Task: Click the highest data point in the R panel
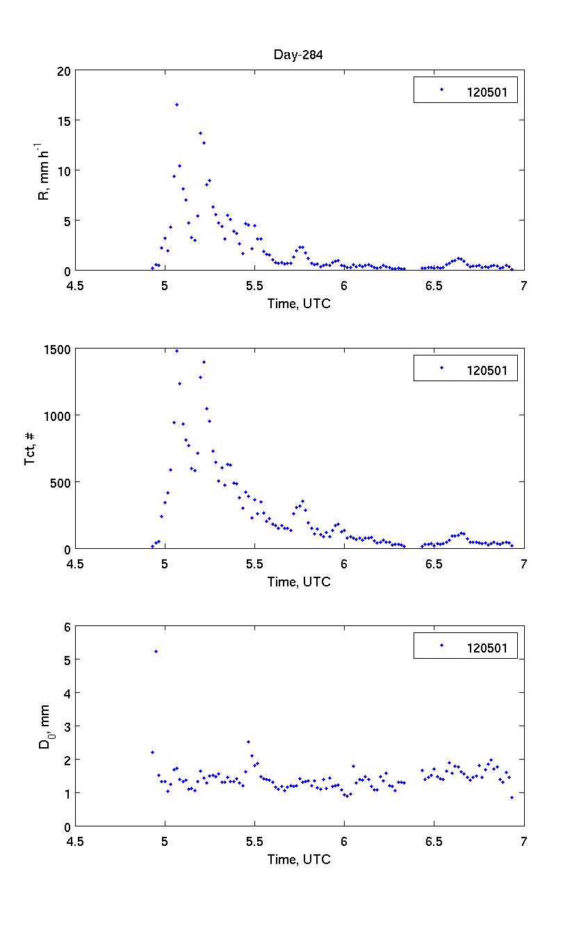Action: pyautogui.click(x=177, y=104)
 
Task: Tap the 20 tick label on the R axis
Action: pyautogui.click(x=64, y=71)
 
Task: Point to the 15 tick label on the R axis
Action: pyautogui.click(x=64, y=121)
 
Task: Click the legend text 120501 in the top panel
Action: pyautogui.click(x=491, y=90)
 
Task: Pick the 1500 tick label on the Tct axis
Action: pyautogui.click(x=58, y=349)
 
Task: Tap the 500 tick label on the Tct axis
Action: pyautogui.click(x=61, y=482)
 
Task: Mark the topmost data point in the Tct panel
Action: pyautogui.click(x=177, y=351)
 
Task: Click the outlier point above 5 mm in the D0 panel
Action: pyautogui.click(x=156, y=651)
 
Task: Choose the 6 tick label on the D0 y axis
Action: pyautogui.click(x=67, y=627)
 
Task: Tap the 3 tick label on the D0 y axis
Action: pyautogui.click(x=67, y=727)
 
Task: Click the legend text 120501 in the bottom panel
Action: pyautogui.click(x=491, y=646)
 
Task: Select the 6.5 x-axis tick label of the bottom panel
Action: pyautogui.click(x=434, y=840)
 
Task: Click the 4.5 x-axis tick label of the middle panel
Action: pyautogui.click(x=75, y=563)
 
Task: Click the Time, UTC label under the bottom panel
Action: pyautogui.click(x=299, y=860)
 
